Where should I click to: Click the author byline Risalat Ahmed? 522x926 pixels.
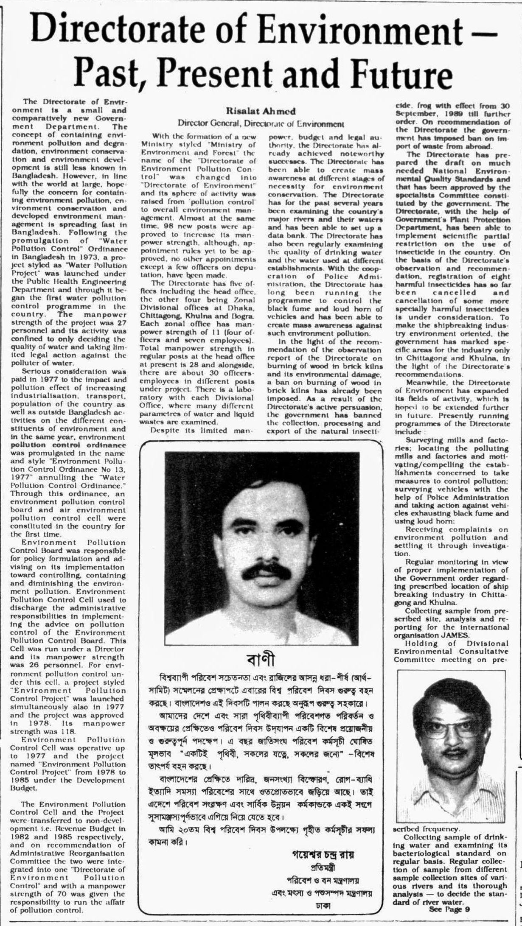coord(260,111)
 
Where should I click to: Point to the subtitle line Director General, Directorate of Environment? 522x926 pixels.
coord(261,124)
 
